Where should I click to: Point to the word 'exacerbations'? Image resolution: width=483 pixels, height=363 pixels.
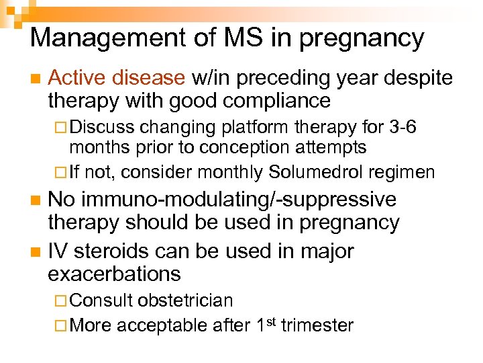pyautogui.click(x=114, y=274)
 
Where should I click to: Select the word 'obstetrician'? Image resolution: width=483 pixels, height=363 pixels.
pyautogui.click(x=185, y=300)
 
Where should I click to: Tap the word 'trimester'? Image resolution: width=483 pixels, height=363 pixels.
pyautogui.click(x=317, y=326)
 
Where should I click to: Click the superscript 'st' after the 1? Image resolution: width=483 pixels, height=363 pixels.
pyautogui.click(x=272, y=321)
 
